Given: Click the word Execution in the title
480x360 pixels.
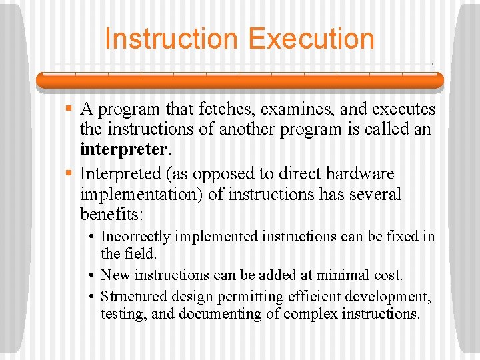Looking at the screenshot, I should pos(311,39).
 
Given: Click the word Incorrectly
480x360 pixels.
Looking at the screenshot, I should pos(133,236).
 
